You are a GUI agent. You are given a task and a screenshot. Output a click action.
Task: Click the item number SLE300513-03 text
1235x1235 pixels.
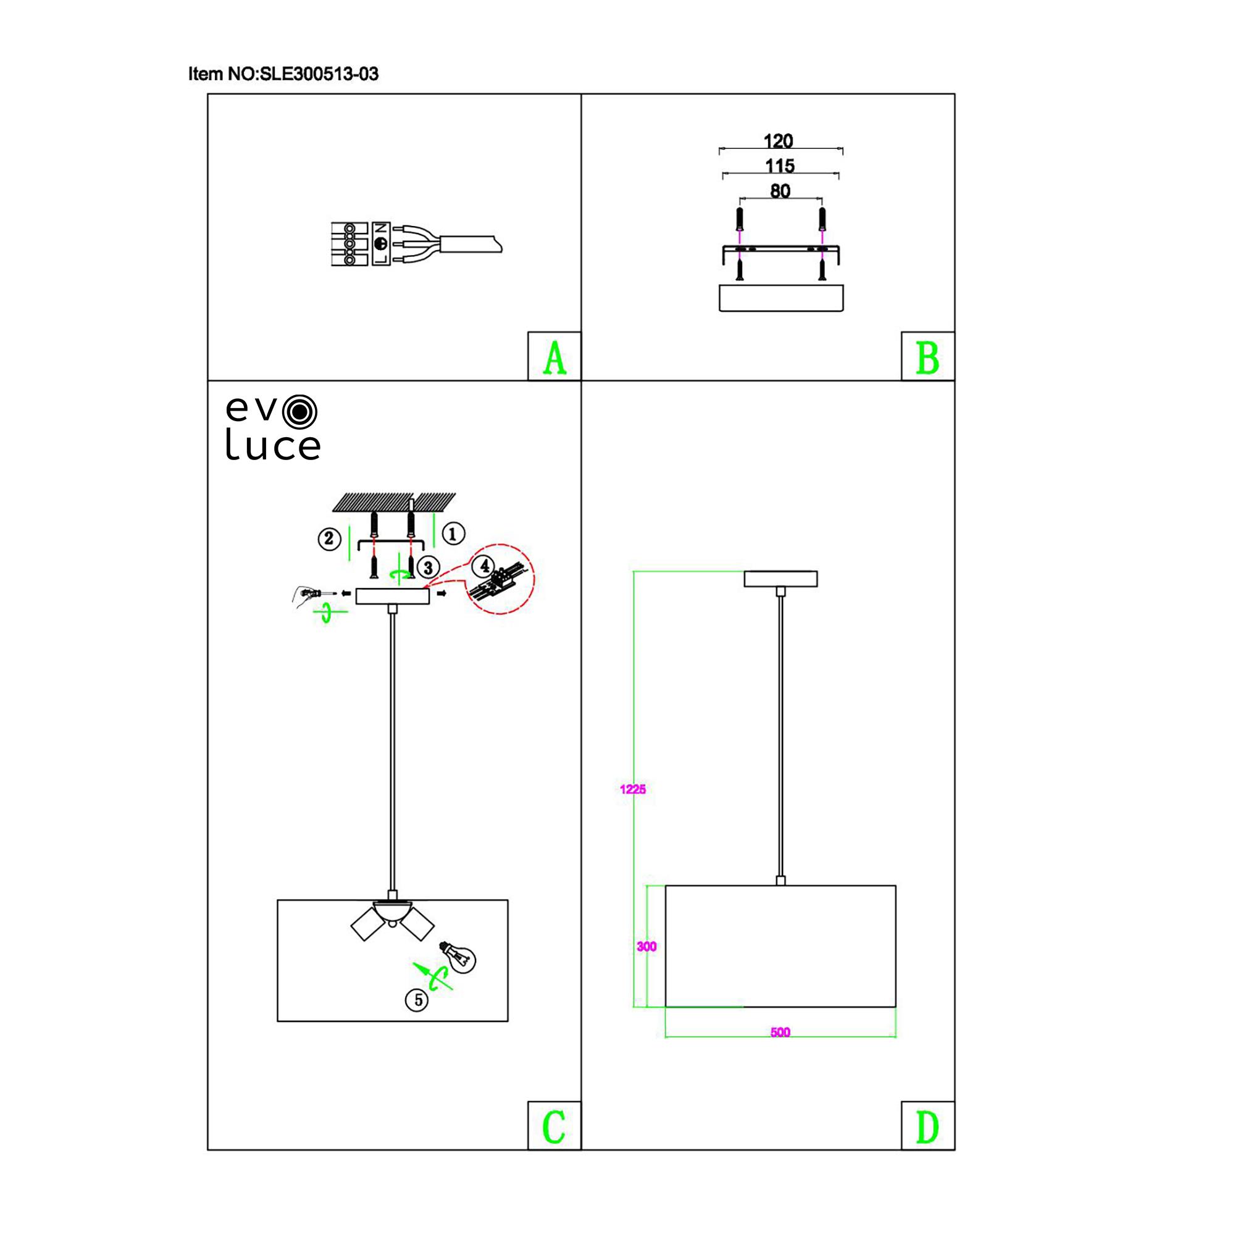coord(283,74)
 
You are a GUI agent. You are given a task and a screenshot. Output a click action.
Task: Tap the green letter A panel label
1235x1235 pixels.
coord(555,358)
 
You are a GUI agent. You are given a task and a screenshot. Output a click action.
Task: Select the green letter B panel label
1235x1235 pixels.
coord(927,358)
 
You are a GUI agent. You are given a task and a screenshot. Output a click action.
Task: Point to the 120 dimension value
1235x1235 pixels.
coord(779,141)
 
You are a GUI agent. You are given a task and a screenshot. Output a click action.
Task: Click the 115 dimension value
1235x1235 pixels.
coord(780,166)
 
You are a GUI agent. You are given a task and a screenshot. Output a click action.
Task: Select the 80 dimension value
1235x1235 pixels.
coord(780,191)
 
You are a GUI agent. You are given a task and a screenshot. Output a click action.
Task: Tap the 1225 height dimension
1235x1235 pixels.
coord(633,789)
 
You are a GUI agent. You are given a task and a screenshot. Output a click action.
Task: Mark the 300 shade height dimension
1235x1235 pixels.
coord(647,946)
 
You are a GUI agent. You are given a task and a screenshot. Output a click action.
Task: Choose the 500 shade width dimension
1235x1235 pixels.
coord(780,1032)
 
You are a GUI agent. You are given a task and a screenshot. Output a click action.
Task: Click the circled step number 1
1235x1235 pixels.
coord(453,533)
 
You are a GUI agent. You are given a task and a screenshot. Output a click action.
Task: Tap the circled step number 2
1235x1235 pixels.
coord(329,539)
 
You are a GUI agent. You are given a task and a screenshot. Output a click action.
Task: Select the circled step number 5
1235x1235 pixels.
coord(418,1000)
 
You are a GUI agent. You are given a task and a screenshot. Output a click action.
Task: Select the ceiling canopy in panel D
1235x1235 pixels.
coord(781,579)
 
